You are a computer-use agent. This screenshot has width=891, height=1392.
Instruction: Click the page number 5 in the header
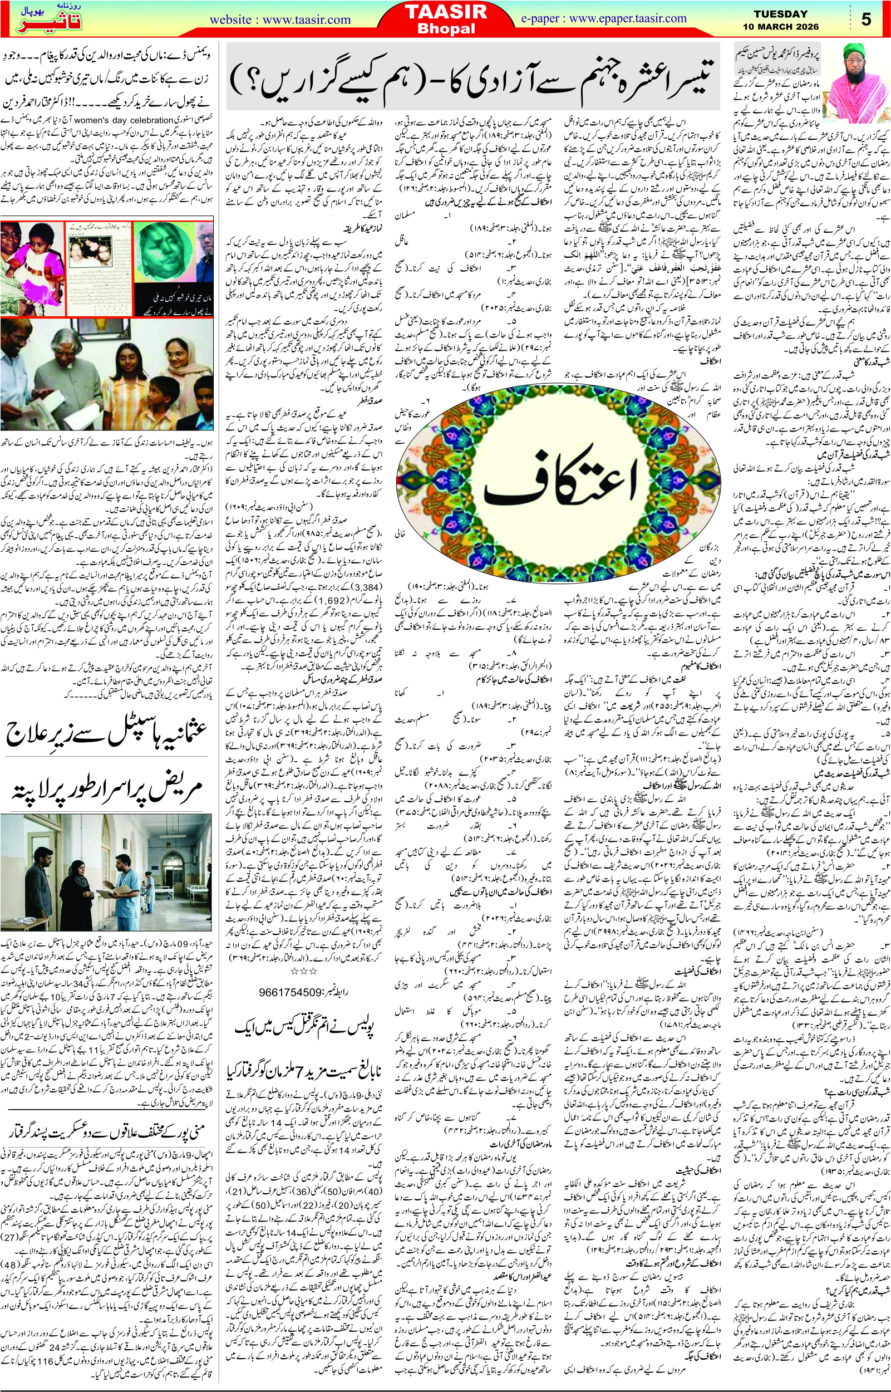(865, 19)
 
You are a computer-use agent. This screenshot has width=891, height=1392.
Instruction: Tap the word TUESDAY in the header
(780, 14)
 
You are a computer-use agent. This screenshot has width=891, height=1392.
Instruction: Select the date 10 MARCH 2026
(780, 27)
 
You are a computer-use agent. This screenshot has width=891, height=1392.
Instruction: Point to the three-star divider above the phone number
(303, 971)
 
